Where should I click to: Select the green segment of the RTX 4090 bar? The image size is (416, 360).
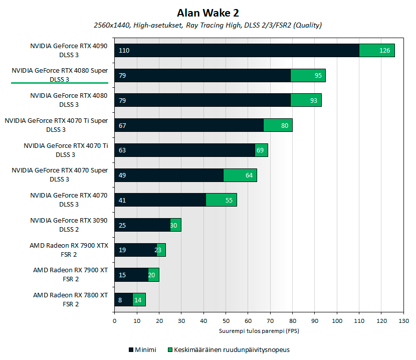coord(377,51)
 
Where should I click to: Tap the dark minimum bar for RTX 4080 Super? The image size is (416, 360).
coord(202,76)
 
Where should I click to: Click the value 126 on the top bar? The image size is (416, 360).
coord(385,51)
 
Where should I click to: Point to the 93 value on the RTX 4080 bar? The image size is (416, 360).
coord(314,101)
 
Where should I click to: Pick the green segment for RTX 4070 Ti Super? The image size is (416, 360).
coord(278,125)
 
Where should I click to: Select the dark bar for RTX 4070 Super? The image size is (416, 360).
coord(169,175)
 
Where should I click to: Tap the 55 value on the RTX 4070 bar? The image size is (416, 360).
coord(229,200)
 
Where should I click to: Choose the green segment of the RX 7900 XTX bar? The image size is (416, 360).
coord(161,250)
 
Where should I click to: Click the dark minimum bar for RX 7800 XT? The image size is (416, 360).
coord(123,299)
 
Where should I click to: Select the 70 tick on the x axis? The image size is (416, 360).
coord(270,321)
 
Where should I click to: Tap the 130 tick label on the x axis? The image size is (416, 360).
coord(403,321)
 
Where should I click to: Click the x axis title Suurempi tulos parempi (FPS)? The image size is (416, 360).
coord(259,331)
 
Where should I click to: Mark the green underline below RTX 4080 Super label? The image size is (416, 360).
coord(60,83)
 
